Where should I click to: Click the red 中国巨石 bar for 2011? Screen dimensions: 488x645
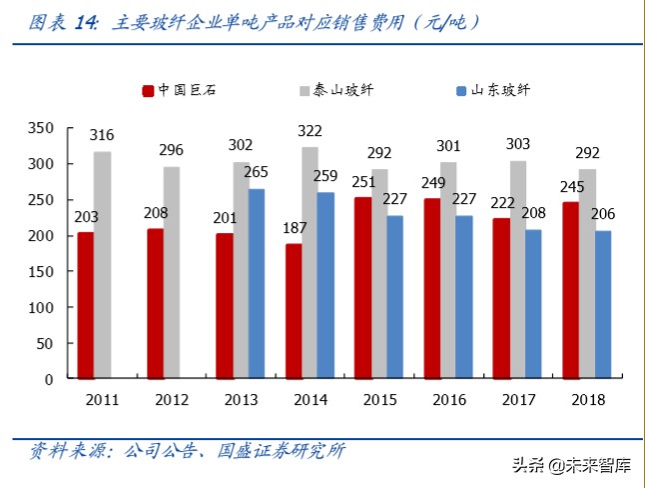pyautogui.click(x=86, y=305)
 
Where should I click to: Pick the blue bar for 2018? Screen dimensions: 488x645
pyautogui.click(x=603, y=305)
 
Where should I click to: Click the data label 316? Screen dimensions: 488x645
pyautogui.click(x=102, y=135)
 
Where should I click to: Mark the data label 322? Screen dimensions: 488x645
pyautogui.click(x=311, y=132)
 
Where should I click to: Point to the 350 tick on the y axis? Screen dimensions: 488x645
pyautogui.click(x=41, y=128)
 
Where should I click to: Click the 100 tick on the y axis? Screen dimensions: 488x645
pyautogui.click(x=41, y=308)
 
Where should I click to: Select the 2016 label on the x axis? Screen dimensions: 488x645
pyautogui.click(x=449, y=399)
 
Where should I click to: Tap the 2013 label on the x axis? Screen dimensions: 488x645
pyautogui.click(x=241, y=399)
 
